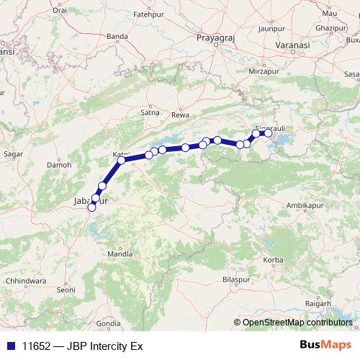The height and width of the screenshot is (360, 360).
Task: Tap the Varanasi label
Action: (x=287, y=45)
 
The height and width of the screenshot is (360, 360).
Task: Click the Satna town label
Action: (x=150, y=112)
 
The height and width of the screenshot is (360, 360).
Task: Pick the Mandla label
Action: (x=120, y=254)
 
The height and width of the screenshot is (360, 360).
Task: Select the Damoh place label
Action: (x=59, y=164)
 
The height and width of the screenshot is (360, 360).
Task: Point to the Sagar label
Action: (x=14, y=153)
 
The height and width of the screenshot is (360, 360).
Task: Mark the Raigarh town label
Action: (x=319, y=304)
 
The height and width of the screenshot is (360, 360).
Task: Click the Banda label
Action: (x=130, y=50)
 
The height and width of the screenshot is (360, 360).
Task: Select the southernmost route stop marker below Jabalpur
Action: (x=91, y=208)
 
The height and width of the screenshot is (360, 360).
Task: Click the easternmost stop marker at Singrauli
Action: (x=269, y=133)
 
